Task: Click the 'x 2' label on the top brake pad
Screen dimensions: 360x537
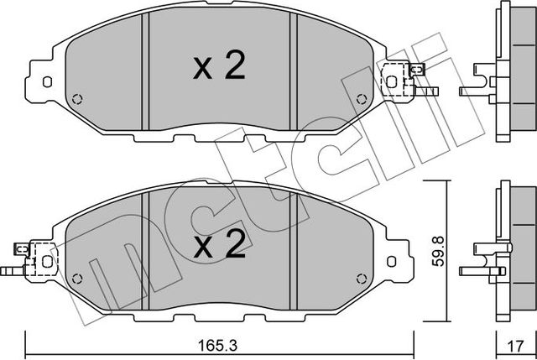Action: point(219,67)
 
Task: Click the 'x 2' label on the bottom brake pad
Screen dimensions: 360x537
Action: point(219,244)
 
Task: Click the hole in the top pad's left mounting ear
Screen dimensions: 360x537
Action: point(47,82)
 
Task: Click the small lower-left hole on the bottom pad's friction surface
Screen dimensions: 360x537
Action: point(78,278)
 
